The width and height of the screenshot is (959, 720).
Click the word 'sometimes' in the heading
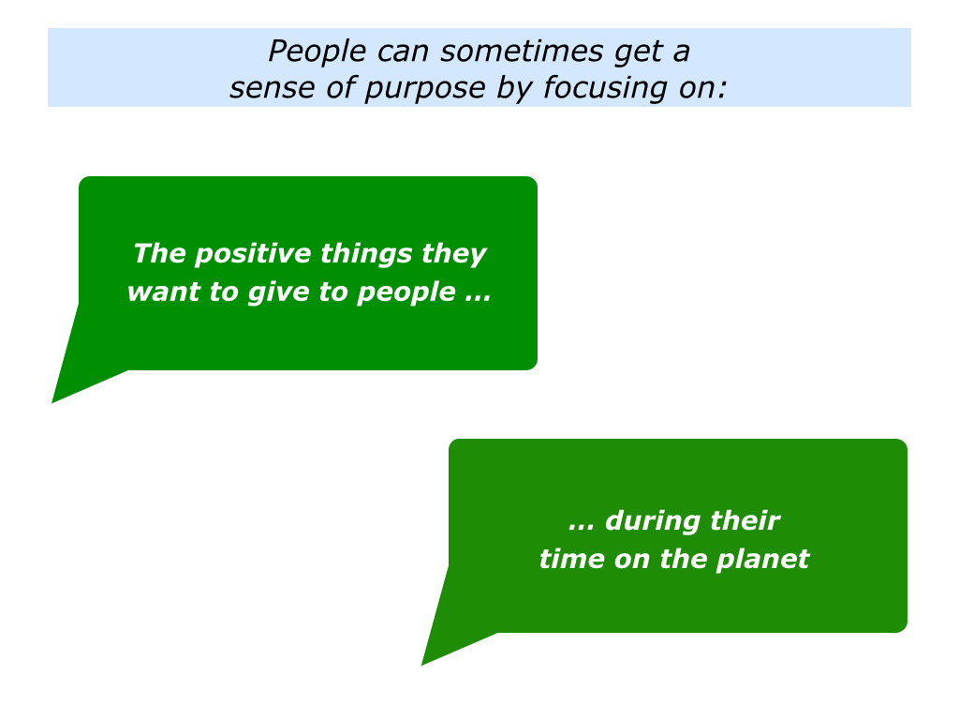(523, 51)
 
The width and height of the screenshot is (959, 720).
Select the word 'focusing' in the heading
(605, 87)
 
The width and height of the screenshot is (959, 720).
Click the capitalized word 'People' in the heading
(317, 51)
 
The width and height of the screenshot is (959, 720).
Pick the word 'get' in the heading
(639, 52)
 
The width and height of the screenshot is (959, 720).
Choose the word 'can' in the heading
(403, 52)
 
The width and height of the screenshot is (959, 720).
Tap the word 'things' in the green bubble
(366, 254)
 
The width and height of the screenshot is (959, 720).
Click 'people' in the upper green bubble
(406, 293)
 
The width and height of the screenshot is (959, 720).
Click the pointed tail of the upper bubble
(53, 401)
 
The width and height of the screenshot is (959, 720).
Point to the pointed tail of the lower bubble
(422, 665)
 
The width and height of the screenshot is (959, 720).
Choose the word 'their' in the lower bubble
(745, 520)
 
